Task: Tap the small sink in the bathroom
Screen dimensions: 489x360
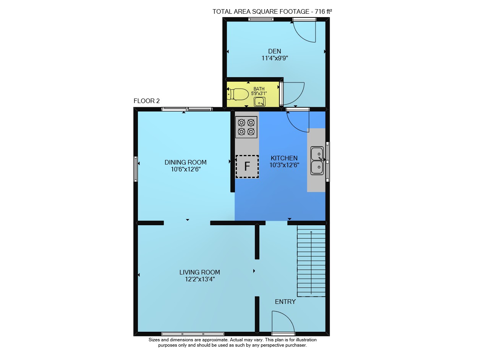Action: tap(259, 102)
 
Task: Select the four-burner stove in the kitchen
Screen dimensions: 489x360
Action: tap(246, 127)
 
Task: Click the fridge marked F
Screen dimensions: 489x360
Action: tap(247, 166)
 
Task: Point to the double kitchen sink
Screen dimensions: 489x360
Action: tap(317, 161)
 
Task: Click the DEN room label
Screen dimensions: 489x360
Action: tap(274, 51)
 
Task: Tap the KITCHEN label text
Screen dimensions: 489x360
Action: tap(284, 158)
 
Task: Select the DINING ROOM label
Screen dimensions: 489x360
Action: tap(185, 162)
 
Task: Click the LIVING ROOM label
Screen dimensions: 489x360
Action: tap(199, 272)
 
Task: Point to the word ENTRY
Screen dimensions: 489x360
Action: tap(285, 302)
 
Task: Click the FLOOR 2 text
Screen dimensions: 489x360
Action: tap(146, 101)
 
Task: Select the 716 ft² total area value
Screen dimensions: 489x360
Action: tap(323, 11)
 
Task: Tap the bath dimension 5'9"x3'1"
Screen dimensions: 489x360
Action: tap(259, 94)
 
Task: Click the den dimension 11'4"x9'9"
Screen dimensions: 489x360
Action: tap(275, 58)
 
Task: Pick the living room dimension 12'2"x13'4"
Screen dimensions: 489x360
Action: tap(200, 279)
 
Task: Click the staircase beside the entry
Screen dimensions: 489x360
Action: tap(311, 261)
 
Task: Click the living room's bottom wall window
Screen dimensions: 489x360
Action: tap(193, 334)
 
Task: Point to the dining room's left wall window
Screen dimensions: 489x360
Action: tap(136, 169)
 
